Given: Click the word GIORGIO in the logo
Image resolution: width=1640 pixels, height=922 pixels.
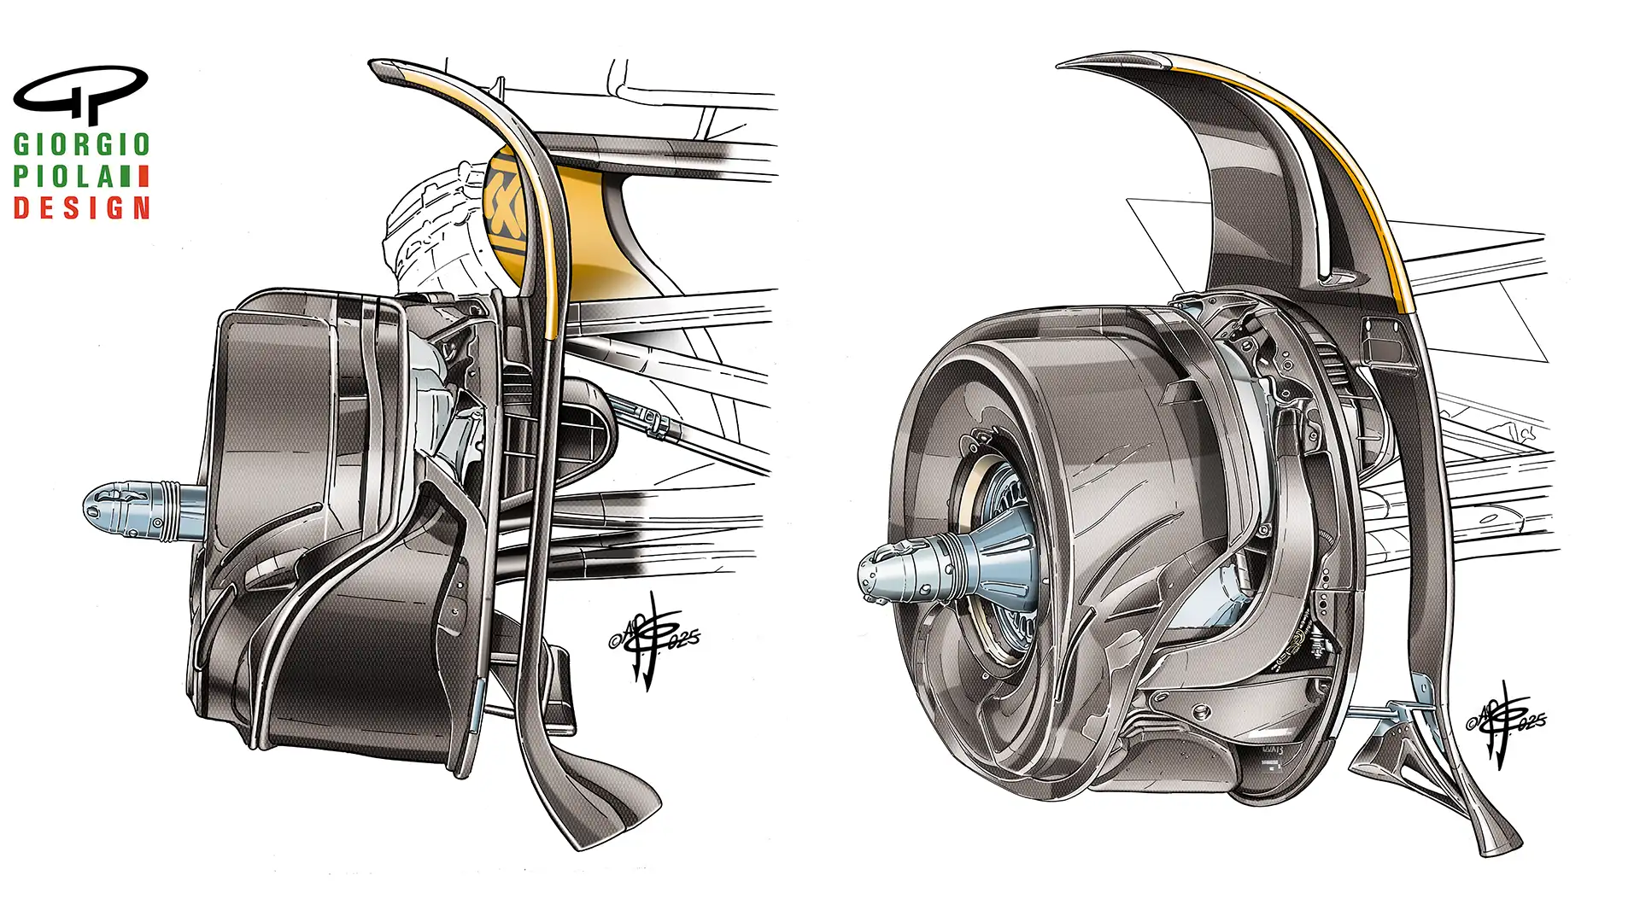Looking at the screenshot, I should (82, 144).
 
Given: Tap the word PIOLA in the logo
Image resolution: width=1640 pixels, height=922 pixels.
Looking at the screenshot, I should (63, 177).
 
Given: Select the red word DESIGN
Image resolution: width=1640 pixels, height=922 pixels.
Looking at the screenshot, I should (82, 208).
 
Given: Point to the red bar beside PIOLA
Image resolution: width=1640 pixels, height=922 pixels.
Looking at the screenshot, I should (143, 177).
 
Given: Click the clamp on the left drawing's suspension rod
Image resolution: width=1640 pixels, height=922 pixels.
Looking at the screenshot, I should (653, 421).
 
